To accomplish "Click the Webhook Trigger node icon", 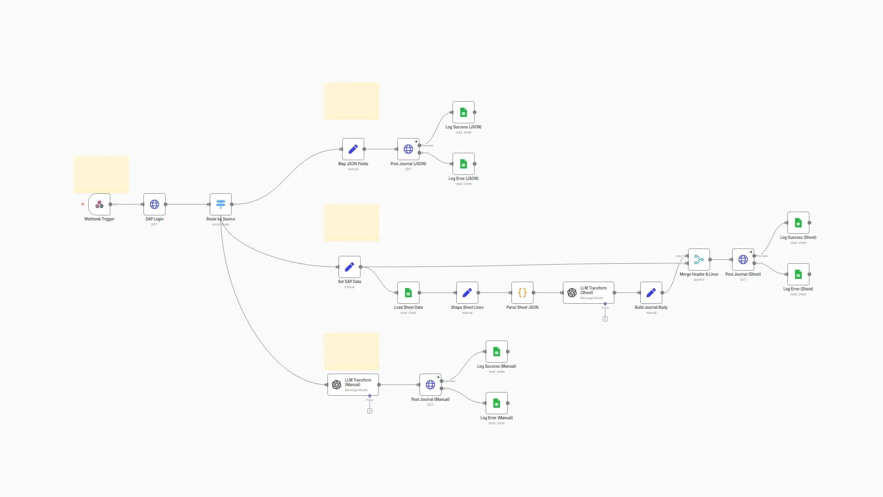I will [99, 204].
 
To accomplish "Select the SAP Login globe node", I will [155, 204].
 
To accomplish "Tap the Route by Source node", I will [221, 204].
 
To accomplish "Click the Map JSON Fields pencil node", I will [353, 149].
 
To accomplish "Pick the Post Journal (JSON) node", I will [408, 149].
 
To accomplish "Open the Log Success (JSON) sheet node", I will [464, 112].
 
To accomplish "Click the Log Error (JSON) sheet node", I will [464, 164].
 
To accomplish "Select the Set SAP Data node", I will [350, 267].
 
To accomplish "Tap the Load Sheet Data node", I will [408, 293].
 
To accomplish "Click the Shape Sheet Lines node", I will [467, 293].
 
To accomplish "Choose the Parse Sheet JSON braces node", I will [522, 293].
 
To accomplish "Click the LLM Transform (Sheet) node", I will [589, 293].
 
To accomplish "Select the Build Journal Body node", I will [651, 293].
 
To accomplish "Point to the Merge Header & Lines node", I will [699, 260].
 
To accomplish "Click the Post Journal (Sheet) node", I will [743, 260].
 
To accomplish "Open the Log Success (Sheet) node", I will [798, 223].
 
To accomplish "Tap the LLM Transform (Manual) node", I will [353, 385].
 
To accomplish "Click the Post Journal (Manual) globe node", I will [430, 385].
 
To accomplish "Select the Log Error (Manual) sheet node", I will [497, 403].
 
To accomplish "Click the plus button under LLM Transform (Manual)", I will [370, 411].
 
